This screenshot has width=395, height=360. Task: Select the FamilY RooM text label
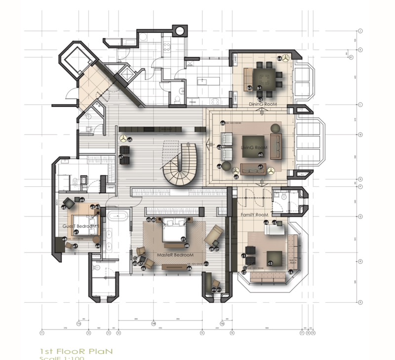[254, 216]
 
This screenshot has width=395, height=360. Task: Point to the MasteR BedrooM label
[174, 255]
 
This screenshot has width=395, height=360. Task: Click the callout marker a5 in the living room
[237, 177]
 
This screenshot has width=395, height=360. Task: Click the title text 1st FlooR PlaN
[77, 351]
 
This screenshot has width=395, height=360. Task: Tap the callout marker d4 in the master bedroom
[190, 269]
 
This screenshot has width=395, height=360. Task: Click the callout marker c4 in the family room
[266, 223]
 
